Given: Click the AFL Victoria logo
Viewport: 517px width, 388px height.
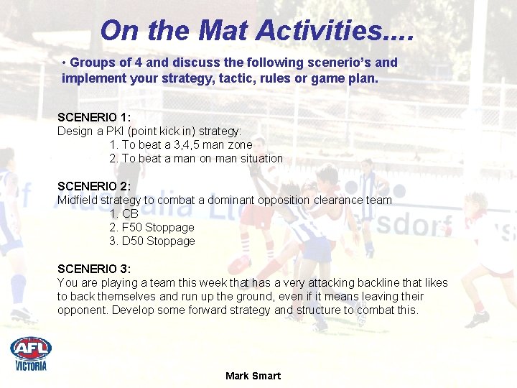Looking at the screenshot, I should tap(31, 354).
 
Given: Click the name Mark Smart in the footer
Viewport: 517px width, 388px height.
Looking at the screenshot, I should tap(253, 376).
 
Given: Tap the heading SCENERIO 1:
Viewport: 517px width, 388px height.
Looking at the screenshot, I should tap(94, 117).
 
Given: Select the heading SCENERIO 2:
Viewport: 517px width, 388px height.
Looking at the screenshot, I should tap(94, 186).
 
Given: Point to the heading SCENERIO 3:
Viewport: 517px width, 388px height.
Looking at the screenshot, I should tap(94, 269).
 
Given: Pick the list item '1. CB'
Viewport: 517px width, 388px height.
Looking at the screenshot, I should tap(124, 213).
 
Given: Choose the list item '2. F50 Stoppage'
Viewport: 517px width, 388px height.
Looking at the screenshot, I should tap(152, 227).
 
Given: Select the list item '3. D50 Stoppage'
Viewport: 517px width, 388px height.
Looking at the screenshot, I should tap(152, 241).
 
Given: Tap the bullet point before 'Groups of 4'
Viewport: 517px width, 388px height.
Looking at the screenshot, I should tap(65, 63).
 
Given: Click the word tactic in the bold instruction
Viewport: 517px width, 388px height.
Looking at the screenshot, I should tap(212, 77).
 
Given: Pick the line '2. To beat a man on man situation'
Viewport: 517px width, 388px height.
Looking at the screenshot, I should tap(195, 158).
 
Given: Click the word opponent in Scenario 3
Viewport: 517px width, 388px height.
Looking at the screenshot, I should tap(80, 310).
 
